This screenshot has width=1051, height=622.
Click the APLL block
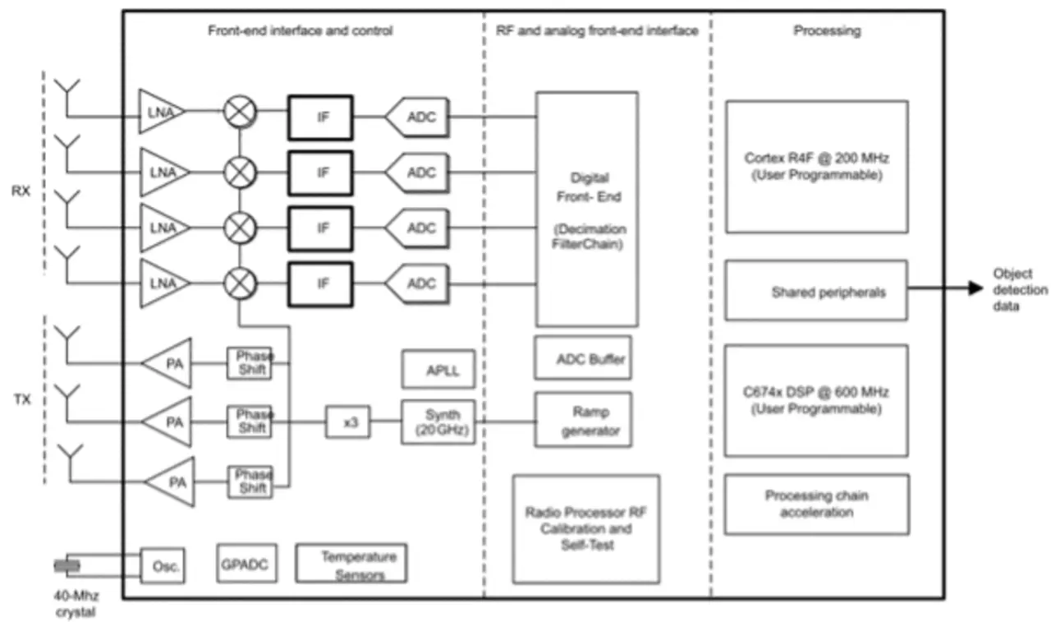coord(438,369)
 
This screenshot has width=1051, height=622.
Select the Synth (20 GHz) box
coord(438,422)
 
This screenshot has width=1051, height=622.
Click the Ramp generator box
coord(584,419)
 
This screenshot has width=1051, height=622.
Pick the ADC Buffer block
coord(584,357)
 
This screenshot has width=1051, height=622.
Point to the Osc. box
coord(163,566)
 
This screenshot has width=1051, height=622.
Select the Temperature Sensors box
coord(351,564)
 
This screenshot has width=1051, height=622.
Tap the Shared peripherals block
coord(816,290)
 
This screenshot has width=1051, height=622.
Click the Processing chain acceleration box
coord(816,504)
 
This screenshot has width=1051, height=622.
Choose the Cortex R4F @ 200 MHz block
coord(816,165)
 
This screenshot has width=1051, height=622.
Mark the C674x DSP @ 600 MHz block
coord(816,399)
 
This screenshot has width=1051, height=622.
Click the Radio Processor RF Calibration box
coord(585,528)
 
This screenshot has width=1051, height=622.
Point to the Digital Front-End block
coord(587,209)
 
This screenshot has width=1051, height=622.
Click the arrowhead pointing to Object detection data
coord(975,288)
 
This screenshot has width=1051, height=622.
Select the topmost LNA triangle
coord(160,112)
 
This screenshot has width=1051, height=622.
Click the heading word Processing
coord(827,31)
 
